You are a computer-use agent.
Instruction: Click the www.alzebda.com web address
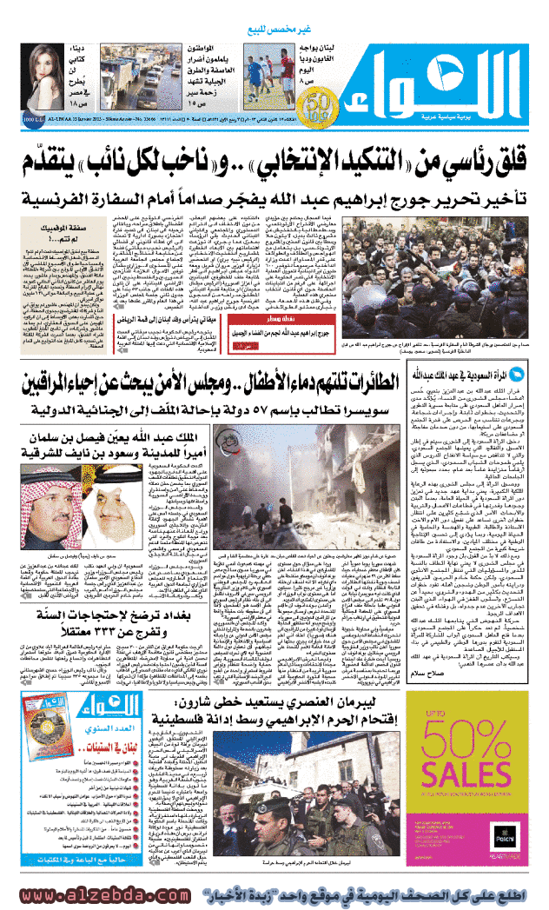click(99, 892)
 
